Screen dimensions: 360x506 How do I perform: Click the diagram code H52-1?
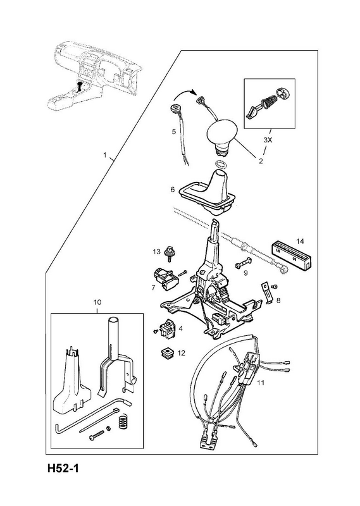point(63,468)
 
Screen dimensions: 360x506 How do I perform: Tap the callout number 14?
point(300,241)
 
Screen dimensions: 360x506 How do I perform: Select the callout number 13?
point(157,251)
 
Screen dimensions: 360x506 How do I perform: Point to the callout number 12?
point(182,353)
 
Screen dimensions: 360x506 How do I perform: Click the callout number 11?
point(261,383)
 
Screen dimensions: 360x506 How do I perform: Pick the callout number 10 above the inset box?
point(97,302)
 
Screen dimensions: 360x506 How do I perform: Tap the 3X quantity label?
point(268,140)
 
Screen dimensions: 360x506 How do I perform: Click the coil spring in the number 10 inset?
point(122,422)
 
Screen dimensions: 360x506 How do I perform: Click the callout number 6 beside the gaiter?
point(173,189)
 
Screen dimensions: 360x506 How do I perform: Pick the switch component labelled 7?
point(165,278)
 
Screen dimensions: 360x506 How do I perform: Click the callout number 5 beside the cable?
point(174,132)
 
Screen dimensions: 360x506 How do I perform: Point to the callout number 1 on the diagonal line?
point(104,155)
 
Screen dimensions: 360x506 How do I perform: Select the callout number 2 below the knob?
point(261,161)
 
